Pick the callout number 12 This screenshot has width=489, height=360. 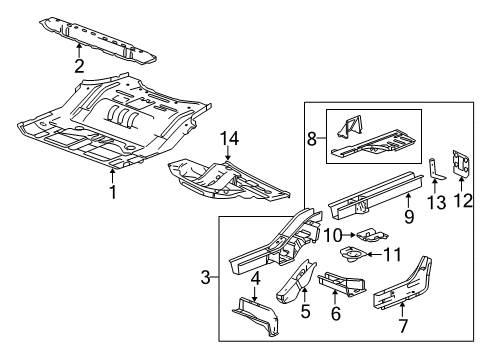click(x=461, y=200)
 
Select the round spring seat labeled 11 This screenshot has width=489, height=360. click(x=355, y=255)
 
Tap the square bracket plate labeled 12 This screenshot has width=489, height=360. click(x=461, y=165)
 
